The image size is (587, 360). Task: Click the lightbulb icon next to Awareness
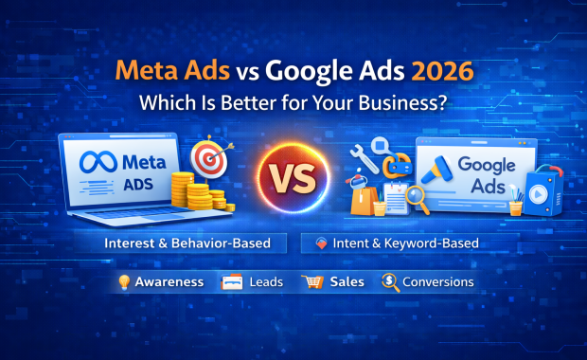(124, 282)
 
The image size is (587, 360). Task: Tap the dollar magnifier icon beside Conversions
(389, 281)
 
